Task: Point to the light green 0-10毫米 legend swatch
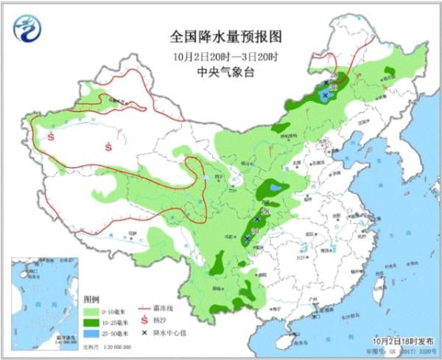tap(94, 311)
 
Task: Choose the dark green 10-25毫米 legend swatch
tap(94, 322)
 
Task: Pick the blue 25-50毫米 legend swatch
tap(94, 333)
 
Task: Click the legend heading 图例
tap(91, 300)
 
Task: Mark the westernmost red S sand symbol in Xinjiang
tap(52, 136)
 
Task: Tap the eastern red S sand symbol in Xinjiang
tap(108, 147)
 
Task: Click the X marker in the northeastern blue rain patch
tap(326, 95)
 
